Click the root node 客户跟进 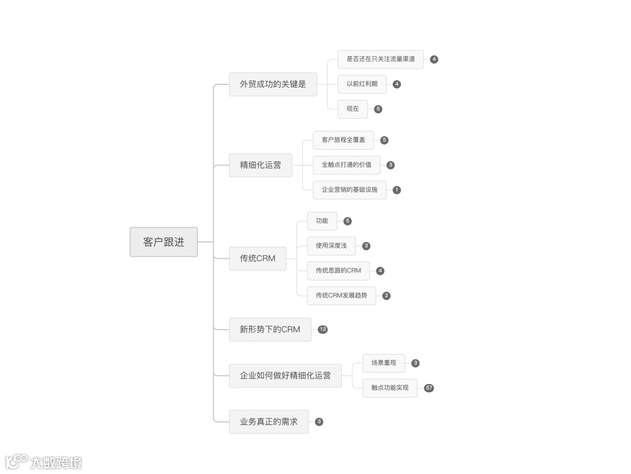click(164, 242)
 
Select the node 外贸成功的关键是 click(273, 84)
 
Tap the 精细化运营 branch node click(260, 165)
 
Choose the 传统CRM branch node click(258, 258)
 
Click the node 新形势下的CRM click(270, 330)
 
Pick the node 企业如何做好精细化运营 click(285, 375)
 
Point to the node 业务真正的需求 click(269, 421)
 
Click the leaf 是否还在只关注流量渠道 click(380, 59)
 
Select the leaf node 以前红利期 click(362, 84)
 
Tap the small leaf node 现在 click(353, 109)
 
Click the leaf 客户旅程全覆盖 click(344, 140)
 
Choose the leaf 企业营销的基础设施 click(349, 190)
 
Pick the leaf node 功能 click(322, 221)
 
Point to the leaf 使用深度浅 click(331, 246)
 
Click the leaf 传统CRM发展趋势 click(342, 296)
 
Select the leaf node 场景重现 click(384, 363)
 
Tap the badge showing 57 click(429, 388)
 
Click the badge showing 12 click(323, 330)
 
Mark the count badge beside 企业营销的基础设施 click(397, 190)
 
